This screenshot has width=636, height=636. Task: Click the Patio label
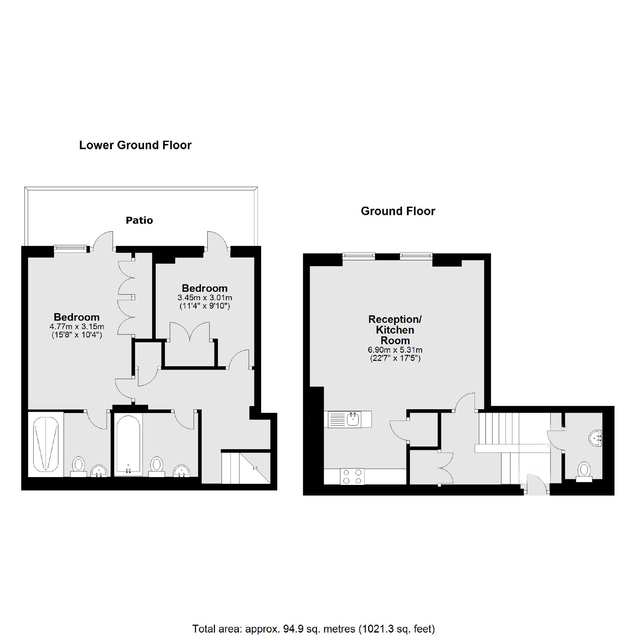tap(139, 220)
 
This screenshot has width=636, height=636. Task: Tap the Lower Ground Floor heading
tap(135, 145)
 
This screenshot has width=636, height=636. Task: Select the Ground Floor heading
tap(398, 211)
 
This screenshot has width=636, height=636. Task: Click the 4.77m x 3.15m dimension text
tap(77, 327)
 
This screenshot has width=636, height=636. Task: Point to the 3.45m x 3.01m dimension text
tap(205, 298)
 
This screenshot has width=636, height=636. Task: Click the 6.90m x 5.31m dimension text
tap(395, 350)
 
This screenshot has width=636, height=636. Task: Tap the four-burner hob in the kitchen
tap(352, 476)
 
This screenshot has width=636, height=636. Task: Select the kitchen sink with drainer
tap(348, 419)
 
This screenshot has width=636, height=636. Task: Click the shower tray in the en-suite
tap(46, 443)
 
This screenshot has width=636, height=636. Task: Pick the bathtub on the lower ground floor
tap(128, 445)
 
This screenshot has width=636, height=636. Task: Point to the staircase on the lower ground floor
tap(245, 468)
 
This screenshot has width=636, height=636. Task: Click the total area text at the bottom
tap(313, 629)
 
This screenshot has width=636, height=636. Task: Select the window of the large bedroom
tap(70, 248)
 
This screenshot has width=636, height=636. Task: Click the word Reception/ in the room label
tap(395, 319)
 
